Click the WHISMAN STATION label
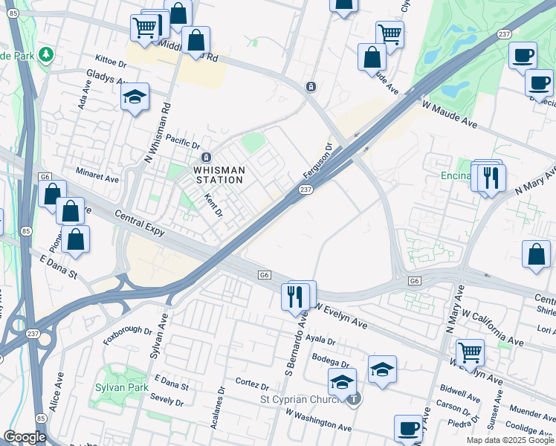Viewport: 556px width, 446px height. [x=219, y=175]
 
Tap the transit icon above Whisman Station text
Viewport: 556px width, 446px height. [x=207, y=157]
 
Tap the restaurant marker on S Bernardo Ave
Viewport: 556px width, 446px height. [x=297, y=297]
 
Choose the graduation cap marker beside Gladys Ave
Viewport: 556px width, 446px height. [x=135, y=97]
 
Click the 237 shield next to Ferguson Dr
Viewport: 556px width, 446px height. [x=306, y=191]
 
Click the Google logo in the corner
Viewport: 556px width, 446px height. [x=25, y=437]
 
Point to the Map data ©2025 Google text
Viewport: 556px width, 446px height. [x=510, y=440]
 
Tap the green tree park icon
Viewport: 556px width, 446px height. [x=46, y=55]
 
